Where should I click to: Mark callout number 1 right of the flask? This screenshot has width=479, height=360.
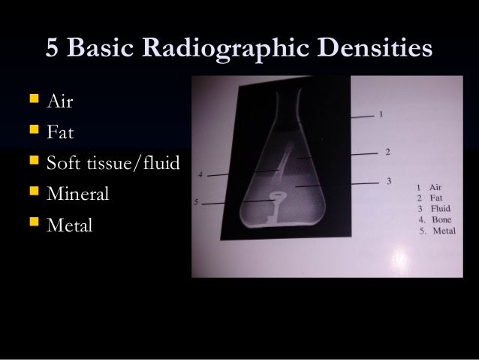(381, 114)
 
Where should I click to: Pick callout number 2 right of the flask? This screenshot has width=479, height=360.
(387, 152)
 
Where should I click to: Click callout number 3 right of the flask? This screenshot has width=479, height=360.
(387, 180)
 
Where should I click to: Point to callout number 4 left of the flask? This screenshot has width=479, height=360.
(200, 174)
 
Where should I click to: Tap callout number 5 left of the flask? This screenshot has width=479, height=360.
(196, 202)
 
